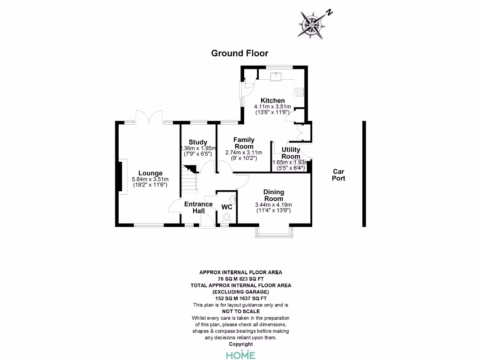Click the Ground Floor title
pos(240,53)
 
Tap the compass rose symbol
pos(312,25)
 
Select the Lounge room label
pos(150,173)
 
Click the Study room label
pos(198,142)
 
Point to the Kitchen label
pos(272,100)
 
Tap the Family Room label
pos(244,143)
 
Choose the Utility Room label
pos(291,153)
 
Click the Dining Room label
pos(274,195)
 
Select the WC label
pos(227,207)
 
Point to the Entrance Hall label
pos(198,207)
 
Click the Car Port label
pos(338,175)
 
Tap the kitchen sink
pos(276,76)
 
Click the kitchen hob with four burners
pos(299,92)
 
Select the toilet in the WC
pos(226,217)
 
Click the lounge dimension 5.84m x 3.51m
pos(150,180)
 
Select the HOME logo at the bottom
pos(240,354)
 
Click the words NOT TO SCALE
pos(241,311)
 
